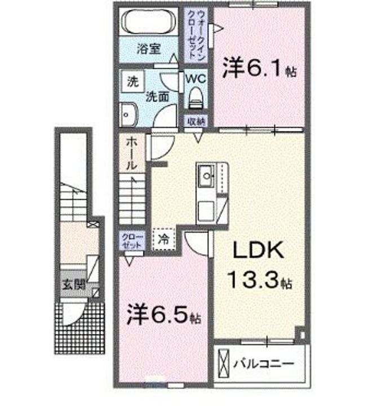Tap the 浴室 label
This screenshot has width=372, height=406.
pos(148,48)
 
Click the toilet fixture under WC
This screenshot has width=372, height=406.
pos(196,98)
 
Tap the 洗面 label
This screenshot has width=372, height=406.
pos(157,96)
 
